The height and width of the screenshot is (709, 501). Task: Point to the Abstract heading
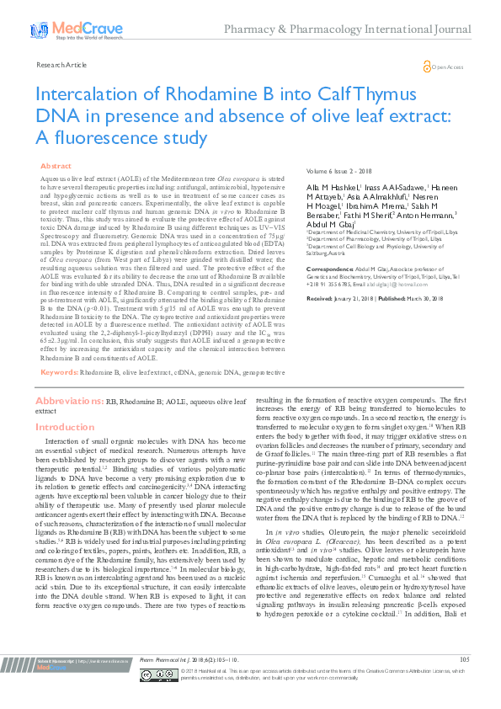coord(56,167)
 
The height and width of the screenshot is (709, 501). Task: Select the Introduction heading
coord(64,428)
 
